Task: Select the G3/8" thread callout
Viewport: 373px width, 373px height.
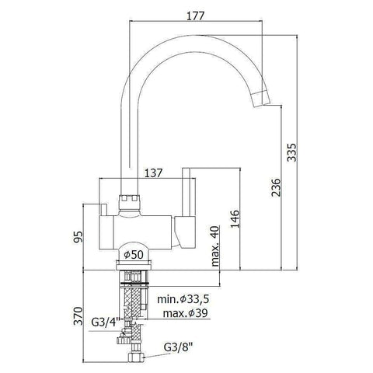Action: pyautogui.click(x=180, y=348)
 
